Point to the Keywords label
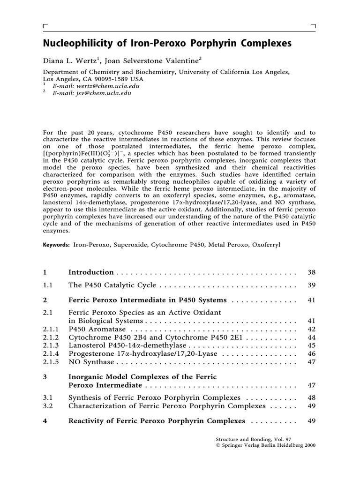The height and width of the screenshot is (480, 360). pyautogui.click(x=56, y=245)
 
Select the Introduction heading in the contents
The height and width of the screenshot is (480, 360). pyautogui.click(x=91, y=272)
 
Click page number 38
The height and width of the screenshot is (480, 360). pyautogui.click(x=311, y=272)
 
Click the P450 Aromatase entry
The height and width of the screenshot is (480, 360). pyautogui.click(x=94, y=329)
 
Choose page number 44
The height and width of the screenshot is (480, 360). pyautogui.click(x=311, y=337)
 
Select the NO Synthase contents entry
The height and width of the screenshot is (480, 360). pyautogui.click(x=91, y=362)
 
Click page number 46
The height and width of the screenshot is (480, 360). pyautogui.click(x=311, y=354)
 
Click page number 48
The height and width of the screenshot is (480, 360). pyautogui.click(x=311, y=397)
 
